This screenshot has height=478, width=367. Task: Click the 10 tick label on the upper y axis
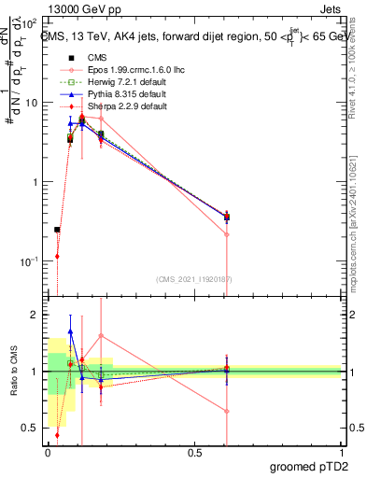[31, 103]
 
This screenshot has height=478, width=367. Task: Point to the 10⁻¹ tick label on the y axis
[28, 261]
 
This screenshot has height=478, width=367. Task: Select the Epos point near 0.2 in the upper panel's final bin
[227, 234]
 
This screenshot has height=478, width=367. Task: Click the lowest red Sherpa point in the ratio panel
[57, 434]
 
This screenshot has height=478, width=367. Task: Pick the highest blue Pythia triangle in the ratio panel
[70, 331]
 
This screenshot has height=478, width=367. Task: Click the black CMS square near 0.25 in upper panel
[57, 230]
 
